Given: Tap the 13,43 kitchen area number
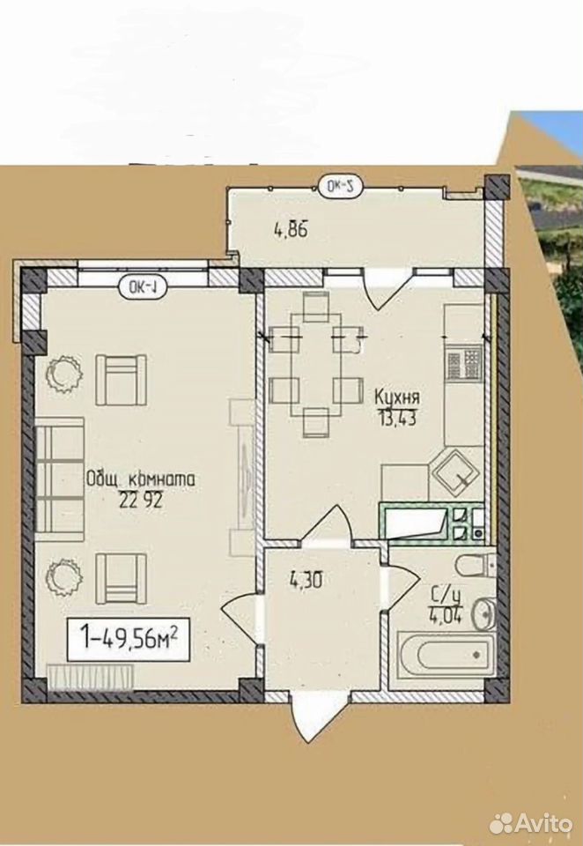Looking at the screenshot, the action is pos(396,418).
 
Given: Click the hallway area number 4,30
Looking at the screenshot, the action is pos(306,581).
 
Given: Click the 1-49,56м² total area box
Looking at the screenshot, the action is pos(129,640).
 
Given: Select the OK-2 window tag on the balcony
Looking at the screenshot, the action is pos(341,187).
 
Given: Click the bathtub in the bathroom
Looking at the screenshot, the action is pos(446,654).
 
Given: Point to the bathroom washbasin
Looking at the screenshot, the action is pos(483,613).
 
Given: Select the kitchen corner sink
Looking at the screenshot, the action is pos(454,472).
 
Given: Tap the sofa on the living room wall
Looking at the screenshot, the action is pos(60,479).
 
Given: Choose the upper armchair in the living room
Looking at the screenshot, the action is pos(122,380).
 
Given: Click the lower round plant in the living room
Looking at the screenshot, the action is pos(63,575).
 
